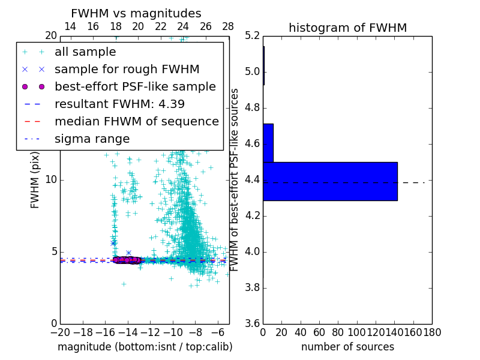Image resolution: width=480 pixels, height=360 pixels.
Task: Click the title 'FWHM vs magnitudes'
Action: point(136,14)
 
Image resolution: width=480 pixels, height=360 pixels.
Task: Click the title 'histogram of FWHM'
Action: point(347,28)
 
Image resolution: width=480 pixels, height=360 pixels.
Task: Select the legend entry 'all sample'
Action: point(85,52)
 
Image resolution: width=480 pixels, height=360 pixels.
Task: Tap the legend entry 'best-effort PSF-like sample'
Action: point(135,86)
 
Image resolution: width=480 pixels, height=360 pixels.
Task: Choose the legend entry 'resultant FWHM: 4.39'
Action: point(119,104)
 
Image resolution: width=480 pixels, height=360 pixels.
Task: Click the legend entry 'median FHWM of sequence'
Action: point(136,121)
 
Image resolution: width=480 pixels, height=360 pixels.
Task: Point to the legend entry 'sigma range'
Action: point(92,139)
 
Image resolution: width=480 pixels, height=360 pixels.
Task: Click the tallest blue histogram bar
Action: point(330,181)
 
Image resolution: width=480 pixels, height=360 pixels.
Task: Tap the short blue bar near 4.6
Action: point(268,143)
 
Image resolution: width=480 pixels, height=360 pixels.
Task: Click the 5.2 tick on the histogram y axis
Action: point(252,36)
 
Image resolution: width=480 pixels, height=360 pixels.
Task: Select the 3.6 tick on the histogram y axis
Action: point(252,323)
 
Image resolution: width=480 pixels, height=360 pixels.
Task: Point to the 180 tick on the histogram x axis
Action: point(431,332)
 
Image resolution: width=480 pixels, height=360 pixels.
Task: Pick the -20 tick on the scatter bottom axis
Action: point(60,332)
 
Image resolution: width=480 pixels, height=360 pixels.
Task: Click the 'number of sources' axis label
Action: point(347,347)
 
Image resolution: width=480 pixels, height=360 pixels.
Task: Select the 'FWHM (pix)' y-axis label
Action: point(35,179)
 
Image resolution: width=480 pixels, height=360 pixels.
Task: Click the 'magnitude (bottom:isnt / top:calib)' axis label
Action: point(145,347)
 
